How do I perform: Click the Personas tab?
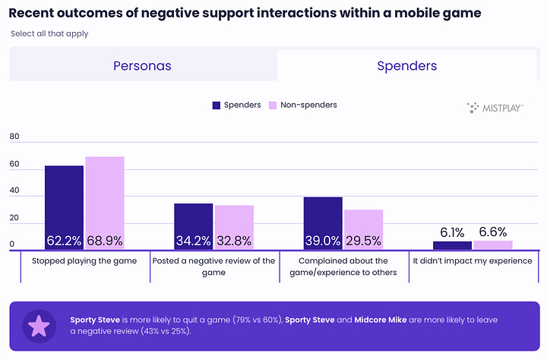pos(142,65)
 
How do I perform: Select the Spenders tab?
pos(407,65)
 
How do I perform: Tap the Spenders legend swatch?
pos(216,105)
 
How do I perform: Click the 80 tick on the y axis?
pos(14,137)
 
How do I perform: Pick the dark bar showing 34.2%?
pos(194,226)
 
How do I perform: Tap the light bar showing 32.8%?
pos(234,226)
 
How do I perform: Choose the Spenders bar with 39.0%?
pos(323,222)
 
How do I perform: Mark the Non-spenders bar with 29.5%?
pos(363,229)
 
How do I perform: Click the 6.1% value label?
pos(452,232)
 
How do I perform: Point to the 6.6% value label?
pos(492,232)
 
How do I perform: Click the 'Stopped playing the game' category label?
pos(84,261)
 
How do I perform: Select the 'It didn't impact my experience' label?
pos(473,261)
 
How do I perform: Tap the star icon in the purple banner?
pos(38,326)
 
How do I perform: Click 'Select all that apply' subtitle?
pos(49,34)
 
